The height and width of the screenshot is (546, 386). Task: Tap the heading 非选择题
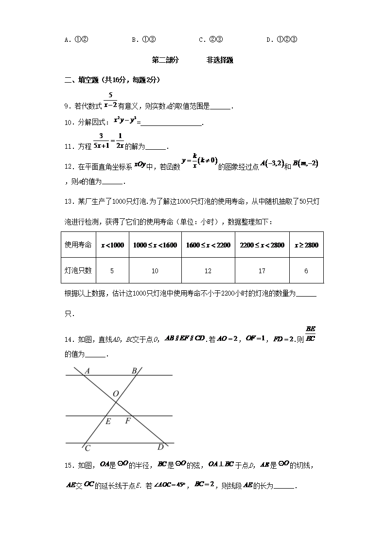[220, 60]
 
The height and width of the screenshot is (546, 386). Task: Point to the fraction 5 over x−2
[111, 100]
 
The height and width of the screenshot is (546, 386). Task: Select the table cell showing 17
[262, 271]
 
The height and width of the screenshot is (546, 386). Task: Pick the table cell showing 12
[208, 271]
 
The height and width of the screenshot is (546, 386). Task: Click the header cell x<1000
[112, 245]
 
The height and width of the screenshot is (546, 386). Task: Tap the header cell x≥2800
[306, 245]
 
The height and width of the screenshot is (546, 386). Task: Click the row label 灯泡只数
[79, 271]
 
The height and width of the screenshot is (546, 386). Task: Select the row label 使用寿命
[79, 245]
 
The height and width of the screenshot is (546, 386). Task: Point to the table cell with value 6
[306, 271]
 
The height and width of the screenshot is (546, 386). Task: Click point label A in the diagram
[88, 371]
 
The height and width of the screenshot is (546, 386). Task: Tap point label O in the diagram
[116, 393]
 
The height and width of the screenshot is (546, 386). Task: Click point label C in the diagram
[88, 449]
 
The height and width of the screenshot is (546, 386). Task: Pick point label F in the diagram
[127, 421]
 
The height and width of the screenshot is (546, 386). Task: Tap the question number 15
[69, 466]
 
